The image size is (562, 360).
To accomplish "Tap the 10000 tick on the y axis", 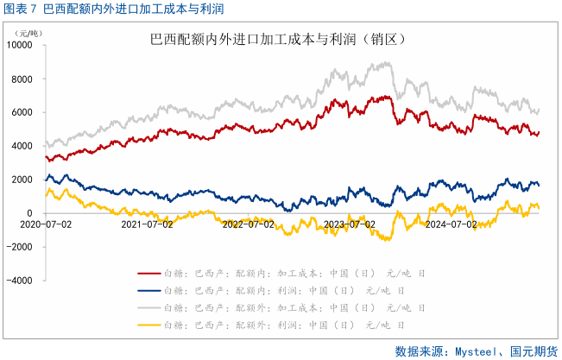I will click(21, 45).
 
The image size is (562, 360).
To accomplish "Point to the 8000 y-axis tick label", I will click(23, 79).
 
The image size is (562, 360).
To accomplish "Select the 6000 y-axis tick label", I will click(23, 112).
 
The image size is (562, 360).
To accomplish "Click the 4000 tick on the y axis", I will click(23, 146).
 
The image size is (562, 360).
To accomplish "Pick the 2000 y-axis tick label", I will click(23, 180).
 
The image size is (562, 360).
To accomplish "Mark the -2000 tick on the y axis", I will click(22, 247).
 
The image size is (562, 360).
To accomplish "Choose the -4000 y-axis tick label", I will click(22, 281).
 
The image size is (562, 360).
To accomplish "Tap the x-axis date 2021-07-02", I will click(148, 224).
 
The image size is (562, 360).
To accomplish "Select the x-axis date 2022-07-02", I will click(249, 224).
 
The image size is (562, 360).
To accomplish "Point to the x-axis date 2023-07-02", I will click(350, 224).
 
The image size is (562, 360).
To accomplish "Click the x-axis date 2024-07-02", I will click(451, 224).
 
